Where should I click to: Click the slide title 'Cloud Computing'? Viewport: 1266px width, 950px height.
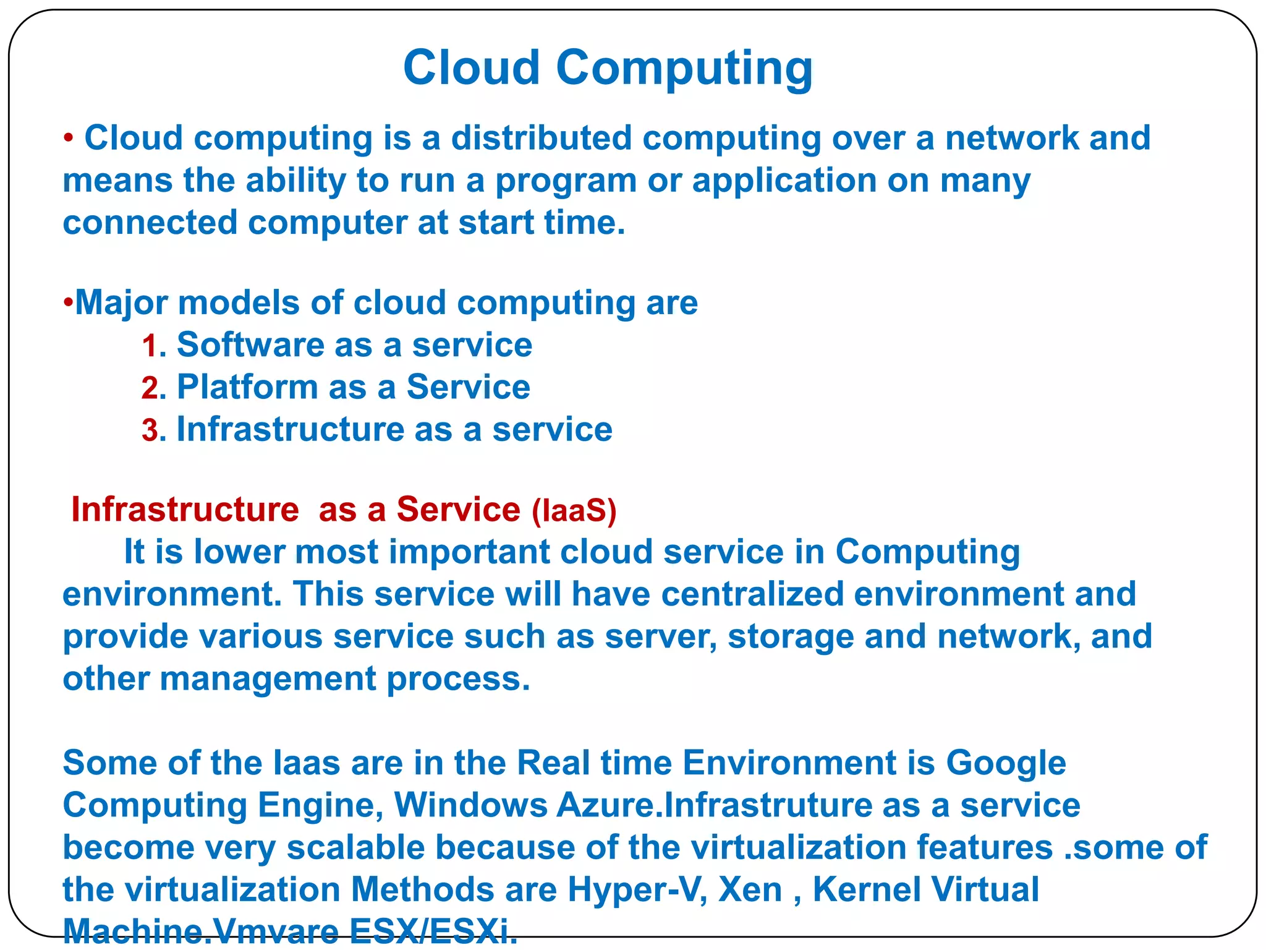click(x=608, y=68)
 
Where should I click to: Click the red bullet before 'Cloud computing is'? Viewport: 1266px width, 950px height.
click(x=69, y=138)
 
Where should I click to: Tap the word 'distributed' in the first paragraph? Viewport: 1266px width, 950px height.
click(x=541, y=138)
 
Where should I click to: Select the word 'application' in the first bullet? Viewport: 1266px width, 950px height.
click(x=784, y=181)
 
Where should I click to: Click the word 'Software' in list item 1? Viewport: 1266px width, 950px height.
click(x=250, y=345)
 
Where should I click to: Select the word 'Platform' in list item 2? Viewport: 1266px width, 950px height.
click(x=247, y=387)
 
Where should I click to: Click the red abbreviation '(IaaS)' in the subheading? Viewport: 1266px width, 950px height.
click(x=574, y=511)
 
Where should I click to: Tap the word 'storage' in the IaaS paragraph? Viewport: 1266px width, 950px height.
click(x=791, y=637)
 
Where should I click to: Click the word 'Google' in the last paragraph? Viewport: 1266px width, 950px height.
click(x=1006, y=763)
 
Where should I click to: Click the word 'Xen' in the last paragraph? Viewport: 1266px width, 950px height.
click(x=750, y=890)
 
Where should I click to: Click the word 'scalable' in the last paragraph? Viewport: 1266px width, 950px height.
click(x=355, y=848)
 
